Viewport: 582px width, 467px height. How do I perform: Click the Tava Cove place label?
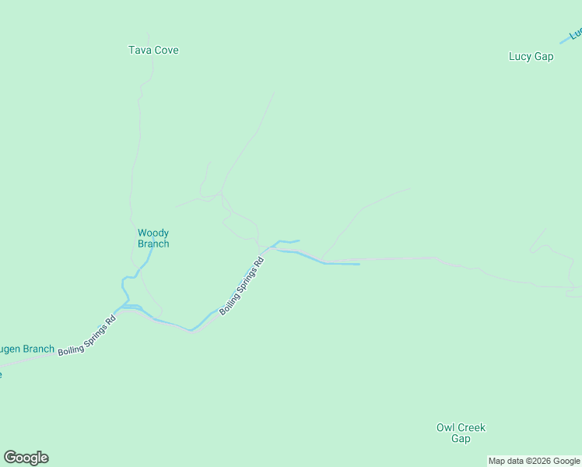[x=153, y=50]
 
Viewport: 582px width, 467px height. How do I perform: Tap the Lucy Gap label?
[x=531, y=56]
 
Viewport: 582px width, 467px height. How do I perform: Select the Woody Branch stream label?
[x=153, y=238]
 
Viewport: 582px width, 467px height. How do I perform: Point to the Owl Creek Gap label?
[x=461, y=433]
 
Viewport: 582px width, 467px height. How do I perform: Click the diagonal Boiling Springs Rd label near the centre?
[x=242, y=286]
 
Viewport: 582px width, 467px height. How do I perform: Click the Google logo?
[x=26, y=458]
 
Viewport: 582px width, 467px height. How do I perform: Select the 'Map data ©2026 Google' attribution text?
[x=534, y=461]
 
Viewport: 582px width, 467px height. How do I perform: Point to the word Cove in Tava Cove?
[x=166, y=50]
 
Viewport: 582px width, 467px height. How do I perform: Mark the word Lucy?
[x=520, y=56]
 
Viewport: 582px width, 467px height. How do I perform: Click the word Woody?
[x=153, y=233]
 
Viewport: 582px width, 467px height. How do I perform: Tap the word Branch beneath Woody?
[x=153, y=244]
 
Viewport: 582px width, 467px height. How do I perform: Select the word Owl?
[x=445, y=427]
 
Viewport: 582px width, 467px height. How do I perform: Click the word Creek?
[x=472, y=427]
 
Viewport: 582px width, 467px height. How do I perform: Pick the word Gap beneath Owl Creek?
[x=461, y=438]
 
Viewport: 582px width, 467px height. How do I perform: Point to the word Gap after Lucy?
[x=543, y=56]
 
